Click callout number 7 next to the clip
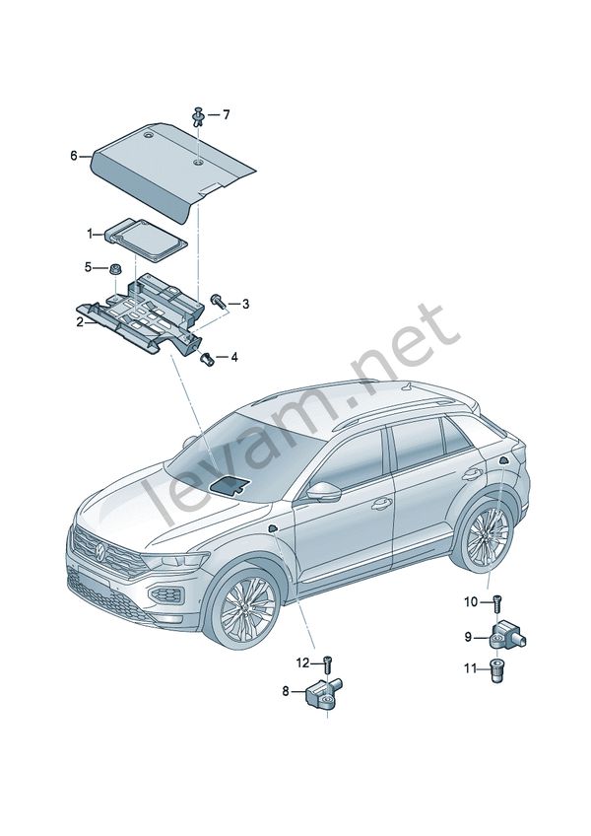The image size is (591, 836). (x=226, y=115)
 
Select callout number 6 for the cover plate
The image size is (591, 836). (x=74, y=156)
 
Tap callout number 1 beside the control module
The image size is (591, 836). (x=89, y=234)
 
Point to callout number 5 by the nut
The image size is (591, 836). (x=88, y=267)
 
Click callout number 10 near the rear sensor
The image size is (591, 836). (x=471, y=601)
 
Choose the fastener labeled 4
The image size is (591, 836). (x=206, y=358)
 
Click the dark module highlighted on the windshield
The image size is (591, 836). (x=231, y=482)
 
